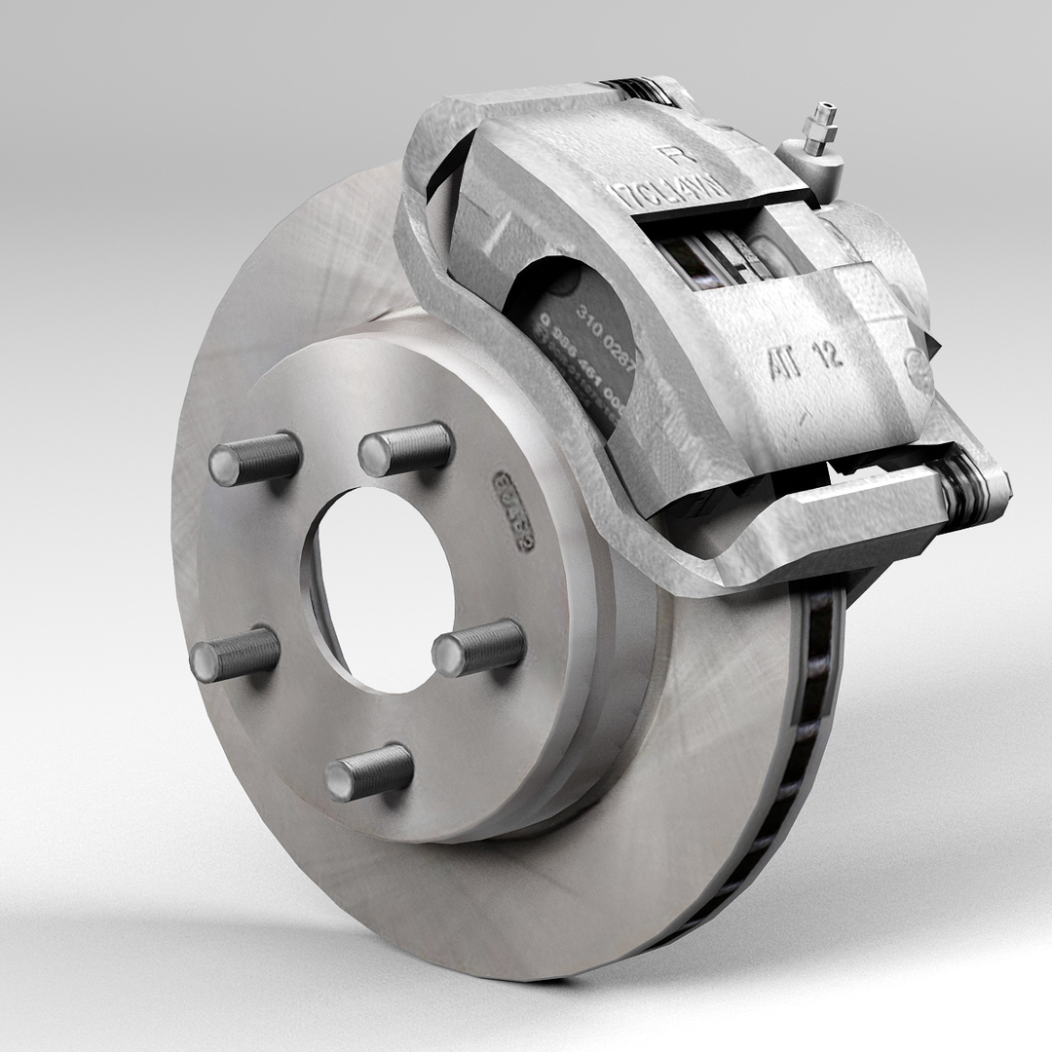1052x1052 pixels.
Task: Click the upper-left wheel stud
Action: [253, 459]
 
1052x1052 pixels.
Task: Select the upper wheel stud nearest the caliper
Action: [404, 449]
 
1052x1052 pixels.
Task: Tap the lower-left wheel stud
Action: [234, 654]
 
